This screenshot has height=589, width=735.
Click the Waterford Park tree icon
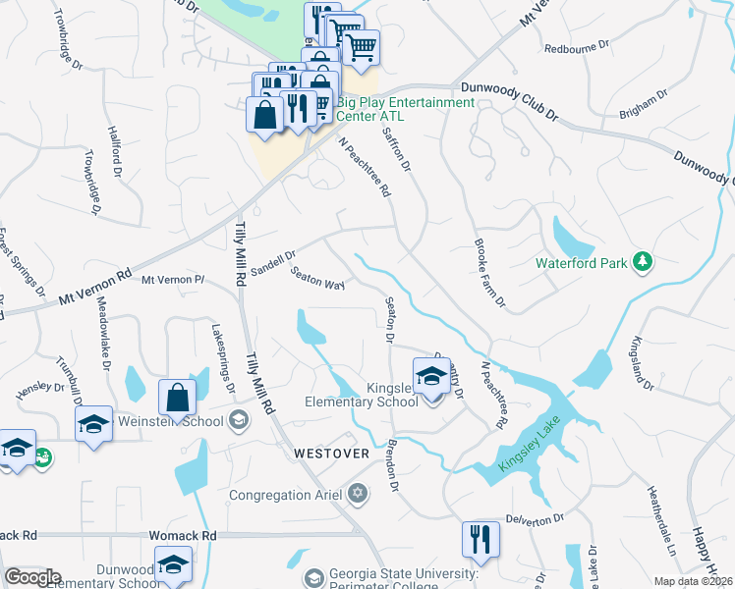(x=643, y=261)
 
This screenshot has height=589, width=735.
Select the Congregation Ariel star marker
(x=358, y=494)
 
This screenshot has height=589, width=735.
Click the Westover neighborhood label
(x=331, y=454)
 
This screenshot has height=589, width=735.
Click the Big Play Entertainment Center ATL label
(x=405, y=108)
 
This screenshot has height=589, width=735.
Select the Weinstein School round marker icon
(x=237, y=421)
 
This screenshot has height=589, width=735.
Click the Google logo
(x=31, y=578)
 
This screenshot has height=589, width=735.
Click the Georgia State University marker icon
(x=313, y=578)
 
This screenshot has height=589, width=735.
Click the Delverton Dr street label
(x=535, y=517)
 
